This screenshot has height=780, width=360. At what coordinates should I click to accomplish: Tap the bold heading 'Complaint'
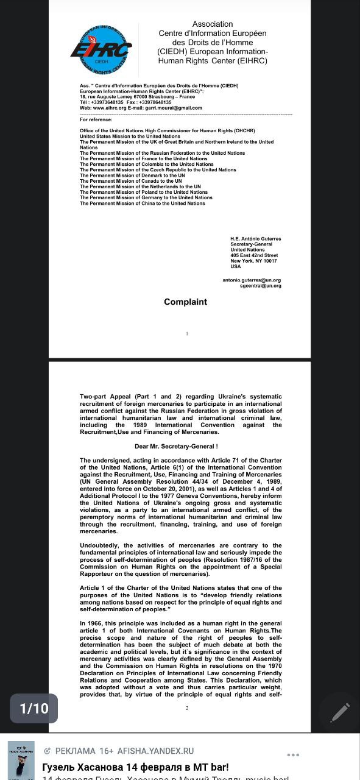tap(185, 302)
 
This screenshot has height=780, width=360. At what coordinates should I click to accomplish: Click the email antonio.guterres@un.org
tap(252, 280)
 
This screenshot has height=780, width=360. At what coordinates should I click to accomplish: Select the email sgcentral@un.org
tap(261, 286)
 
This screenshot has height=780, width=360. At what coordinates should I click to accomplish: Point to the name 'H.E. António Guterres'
tap(256, 239)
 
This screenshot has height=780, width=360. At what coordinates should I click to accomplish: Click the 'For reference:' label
tap(96, 119)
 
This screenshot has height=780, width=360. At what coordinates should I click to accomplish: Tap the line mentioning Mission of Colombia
tap(146, 164)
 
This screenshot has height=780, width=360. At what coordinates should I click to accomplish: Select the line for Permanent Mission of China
tap(142, 203)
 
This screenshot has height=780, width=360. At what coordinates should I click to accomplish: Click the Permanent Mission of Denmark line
tap(132, 175)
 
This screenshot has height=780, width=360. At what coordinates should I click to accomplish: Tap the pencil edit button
tap(339, 712)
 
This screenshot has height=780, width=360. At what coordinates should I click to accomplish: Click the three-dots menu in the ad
tap(293, 755)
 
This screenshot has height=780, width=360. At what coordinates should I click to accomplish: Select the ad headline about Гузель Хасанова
tap(135, 767)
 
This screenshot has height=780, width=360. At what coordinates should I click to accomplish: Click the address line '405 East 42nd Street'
tap(254, 255)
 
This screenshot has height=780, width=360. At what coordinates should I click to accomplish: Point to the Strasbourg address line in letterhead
tap(137, 97)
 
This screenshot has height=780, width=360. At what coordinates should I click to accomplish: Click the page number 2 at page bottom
tap(187, 708)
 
